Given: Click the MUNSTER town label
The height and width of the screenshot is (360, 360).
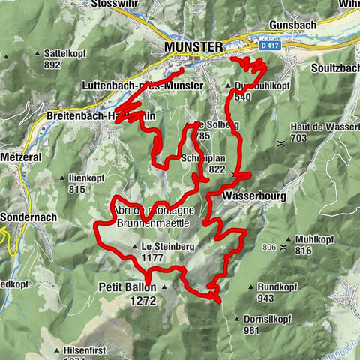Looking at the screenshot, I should coord(193,47).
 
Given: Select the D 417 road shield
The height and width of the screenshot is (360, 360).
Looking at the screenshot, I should coord(271,46).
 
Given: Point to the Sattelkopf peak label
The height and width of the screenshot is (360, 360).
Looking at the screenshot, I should coord(62,54).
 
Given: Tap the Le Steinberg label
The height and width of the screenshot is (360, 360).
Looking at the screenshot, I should coord(164,246).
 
